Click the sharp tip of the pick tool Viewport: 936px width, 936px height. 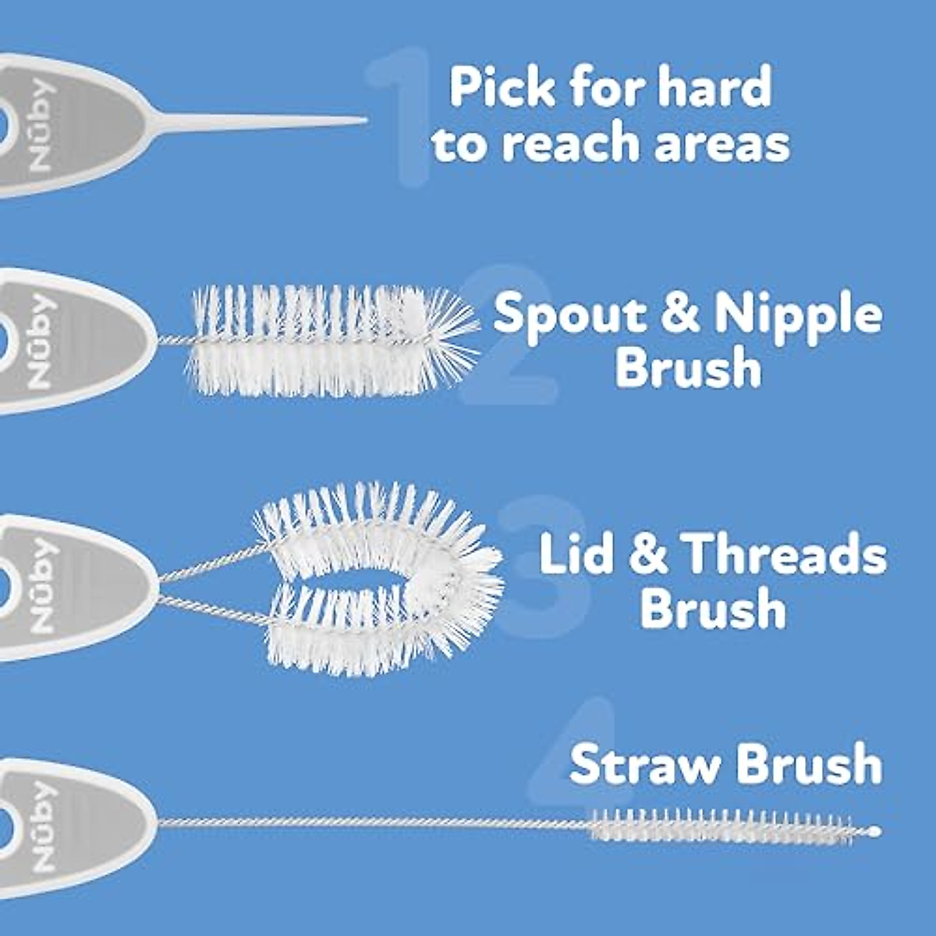click(x=363, y=119)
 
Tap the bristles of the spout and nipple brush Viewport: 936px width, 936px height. click(x=328, y=339)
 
